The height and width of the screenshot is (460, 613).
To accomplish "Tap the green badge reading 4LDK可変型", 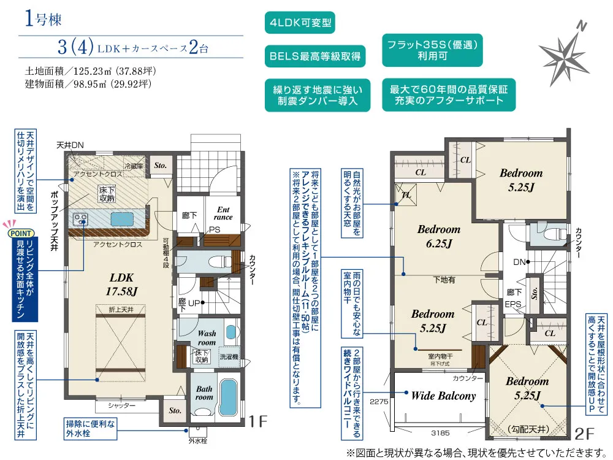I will [x=300, y=23].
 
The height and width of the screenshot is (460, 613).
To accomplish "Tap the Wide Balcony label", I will [x=443, y=396].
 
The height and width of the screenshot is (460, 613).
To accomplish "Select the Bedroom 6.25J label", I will [x=438, y=236].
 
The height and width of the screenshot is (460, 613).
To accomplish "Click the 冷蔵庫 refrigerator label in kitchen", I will [x=133, y=166].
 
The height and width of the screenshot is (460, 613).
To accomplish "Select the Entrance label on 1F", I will [x=223, y=213].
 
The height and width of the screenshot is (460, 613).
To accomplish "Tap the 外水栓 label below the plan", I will [x=197, y=441].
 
